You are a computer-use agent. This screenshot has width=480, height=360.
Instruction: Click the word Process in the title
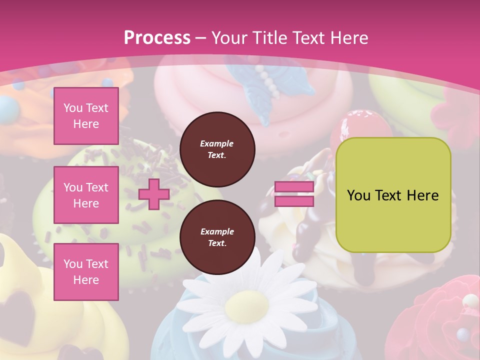click(x=157, y=38)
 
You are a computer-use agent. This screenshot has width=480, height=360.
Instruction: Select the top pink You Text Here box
click(x=86, y=116)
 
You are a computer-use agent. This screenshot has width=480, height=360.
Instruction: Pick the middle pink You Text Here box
click(x=86, y=195)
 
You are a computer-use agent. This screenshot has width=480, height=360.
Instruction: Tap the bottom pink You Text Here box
click(x=86, y=272)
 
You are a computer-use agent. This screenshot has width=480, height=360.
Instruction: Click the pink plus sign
click(x=154, y=194)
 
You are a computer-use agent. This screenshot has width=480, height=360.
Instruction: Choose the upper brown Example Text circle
click(x=217, y=149)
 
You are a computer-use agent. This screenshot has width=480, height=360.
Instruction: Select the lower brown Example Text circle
click(x=217, y=237)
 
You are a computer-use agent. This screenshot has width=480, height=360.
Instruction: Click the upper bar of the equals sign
click(x=294, y=187)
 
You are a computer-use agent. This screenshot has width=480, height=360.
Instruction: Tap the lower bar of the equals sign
click(x=294, y=201)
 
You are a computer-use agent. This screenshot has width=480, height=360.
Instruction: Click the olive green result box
click(x=393, y=195)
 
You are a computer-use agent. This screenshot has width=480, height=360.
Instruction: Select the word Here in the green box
click(x=422, y=195)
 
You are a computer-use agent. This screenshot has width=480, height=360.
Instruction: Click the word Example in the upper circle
click(x=217, y=143)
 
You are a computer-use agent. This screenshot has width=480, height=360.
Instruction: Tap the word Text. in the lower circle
click(x=217, y=243)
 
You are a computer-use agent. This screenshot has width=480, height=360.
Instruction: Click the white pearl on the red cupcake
click(x=470, y=301)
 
